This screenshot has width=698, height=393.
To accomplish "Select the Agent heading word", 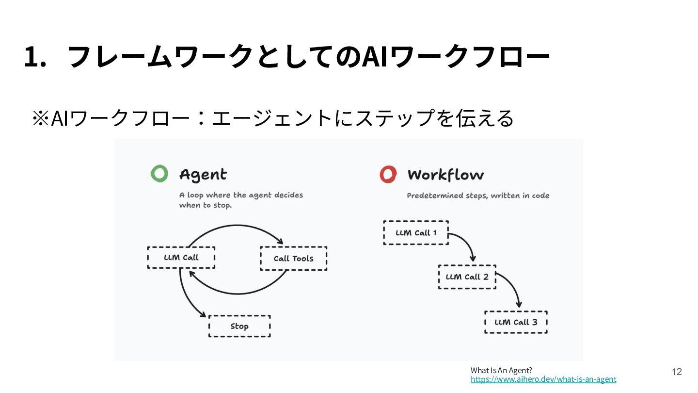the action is pyautogui.click(x=203, y=175).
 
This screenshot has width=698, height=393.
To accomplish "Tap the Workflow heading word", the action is pyautogui.click(x=445, y=175).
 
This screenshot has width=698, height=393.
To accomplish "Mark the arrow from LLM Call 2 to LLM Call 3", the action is pyautogui.click(x=513, y=284).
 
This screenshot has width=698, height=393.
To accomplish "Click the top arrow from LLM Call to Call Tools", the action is pyautogui.click(x=237, y=225).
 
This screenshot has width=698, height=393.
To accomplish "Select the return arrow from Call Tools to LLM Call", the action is pyautogui.click(x=238, y=294).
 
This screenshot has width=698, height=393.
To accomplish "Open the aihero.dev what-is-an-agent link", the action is pyautogui.click(x=543, y=379).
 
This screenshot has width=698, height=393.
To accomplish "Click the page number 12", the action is pyautogui.click(x=677, y=372).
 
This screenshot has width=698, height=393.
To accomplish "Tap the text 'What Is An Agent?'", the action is pyautogui.click(x=501, y=371).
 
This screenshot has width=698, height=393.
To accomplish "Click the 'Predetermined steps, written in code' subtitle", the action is pyautogui.click(x=478, y=196).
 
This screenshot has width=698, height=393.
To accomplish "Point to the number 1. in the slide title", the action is pyautogui.click(x=35, y=57).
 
